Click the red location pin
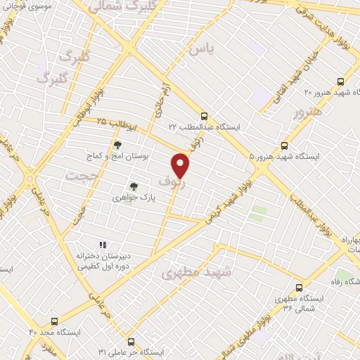pos(181,165)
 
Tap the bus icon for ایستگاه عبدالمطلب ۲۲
pos(204,116)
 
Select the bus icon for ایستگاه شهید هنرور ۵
pos(284,146)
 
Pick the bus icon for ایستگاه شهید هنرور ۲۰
pos(340,82)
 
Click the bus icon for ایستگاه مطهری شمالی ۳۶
pos(300,287)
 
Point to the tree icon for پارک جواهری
pos(133,187)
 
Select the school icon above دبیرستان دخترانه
pos(103,245)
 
